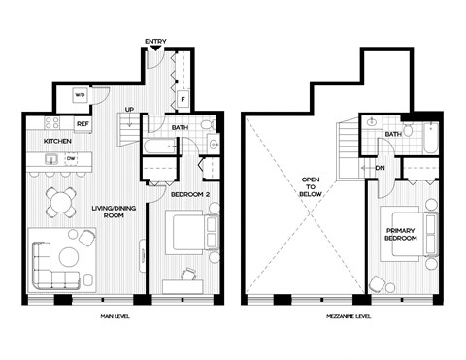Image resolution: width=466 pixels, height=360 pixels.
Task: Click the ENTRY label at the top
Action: pyautogui.click(x=155, y=41)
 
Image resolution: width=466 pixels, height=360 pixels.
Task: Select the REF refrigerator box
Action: pyautogui.click(x=83, y=123)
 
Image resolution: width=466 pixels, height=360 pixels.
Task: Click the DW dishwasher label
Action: pyautogui.click(x=70, y=158)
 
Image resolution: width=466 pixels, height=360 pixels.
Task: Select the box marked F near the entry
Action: pyautogui.click(x=182, y=99)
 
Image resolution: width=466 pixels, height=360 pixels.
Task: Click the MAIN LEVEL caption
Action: pyautogui.click(x=116, y=317)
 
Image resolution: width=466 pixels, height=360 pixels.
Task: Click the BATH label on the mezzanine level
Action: pyautogui.click(x=392, y=134)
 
